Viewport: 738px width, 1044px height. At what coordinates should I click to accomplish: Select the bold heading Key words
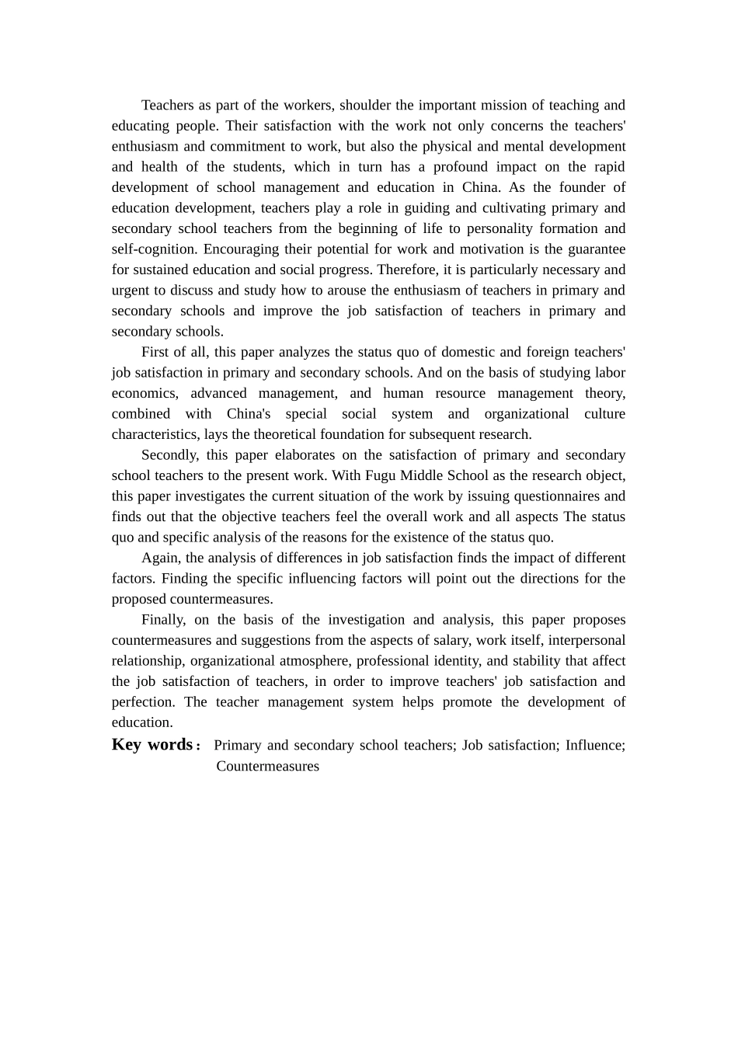(152, 744)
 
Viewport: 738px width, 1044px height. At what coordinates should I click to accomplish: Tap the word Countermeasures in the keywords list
(267, 766)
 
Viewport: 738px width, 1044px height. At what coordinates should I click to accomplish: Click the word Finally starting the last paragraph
(164, 620)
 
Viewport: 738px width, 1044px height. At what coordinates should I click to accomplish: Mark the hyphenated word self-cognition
(154, 249)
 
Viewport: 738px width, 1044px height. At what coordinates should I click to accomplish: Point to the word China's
(249, 414)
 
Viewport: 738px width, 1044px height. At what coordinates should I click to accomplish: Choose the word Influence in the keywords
(595, 745)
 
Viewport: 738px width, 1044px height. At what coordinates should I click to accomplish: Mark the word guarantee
(595, 249)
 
